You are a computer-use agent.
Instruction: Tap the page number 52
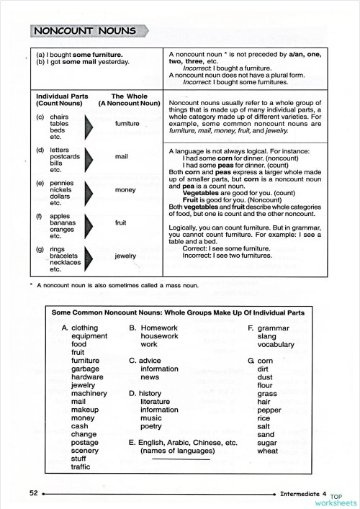(33, 493)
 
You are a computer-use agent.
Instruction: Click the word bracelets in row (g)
(66, 256)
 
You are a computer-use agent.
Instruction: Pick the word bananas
(63, 222)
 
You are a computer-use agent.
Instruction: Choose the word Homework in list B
(160, 328)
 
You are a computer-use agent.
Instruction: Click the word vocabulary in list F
(276, 345)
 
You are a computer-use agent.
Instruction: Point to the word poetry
(152, 426)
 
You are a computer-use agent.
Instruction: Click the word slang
(266, 336)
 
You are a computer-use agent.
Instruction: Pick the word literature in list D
(160, 402)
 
